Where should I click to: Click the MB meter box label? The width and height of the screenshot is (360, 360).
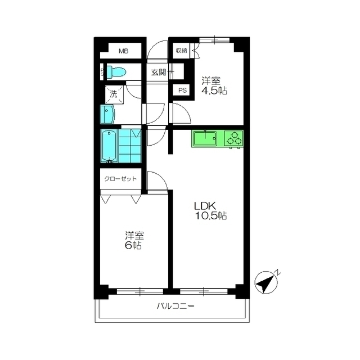124,51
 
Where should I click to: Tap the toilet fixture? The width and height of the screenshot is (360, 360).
116,72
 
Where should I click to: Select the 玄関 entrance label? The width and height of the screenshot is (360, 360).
159,73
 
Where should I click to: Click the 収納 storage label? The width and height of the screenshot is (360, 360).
181,51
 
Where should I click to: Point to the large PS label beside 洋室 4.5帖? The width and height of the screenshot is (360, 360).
183,91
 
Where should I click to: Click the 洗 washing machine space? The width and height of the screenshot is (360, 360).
114,94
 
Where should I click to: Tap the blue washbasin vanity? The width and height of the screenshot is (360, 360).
107,114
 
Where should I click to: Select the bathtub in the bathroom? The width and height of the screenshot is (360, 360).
110,146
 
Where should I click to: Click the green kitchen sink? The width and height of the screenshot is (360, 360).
205,138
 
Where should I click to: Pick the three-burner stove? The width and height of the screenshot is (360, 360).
233,138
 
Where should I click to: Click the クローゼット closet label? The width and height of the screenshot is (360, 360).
120,179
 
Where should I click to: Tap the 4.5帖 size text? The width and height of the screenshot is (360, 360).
214,91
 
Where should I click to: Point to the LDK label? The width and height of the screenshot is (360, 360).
204,206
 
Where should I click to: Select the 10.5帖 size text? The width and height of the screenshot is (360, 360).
211,216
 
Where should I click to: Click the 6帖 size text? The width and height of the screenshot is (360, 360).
133,245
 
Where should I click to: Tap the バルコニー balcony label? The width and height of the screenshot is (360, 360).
175,306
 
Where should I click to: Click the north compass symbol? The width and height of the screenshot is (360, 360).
266,282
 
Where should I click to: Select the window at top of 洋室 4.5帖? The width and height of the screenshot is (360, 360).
214,40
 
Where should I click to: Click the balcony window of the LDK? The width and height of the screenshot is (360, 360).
204,291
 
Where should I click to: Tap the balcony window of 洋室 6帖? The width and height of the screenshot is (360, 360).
140,291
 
